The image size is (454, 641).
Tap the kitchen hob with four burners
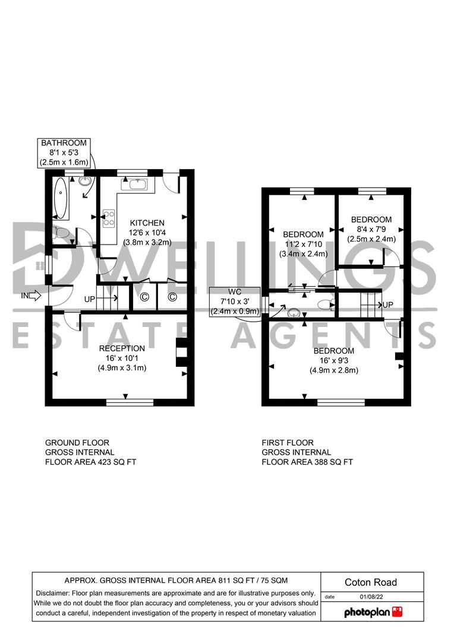pyautogui.click(x=110, y=218)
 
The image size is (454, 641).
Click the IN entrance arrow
pyautogui.click(x=31, y=295)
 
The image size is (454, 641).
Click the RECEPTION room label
pyautogui.click(x=122, y=348)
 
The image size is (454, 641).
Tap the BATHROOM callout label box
pyautogui.click(x=64, y=153)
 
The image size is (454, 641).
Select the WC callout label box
pyautogui.click(x=234, y=302)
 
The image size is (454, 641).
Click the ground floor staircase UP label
pyautogui.click(x=90, y=299)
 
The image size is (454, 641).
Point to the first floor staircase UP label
pyautogui.click(x=388, y=304)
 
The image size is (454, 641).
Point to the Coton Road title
pyautogui.click(x=371, y=582)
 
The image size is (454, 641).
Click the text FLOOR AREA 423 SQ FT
pyautogui.click(x=91, y=462)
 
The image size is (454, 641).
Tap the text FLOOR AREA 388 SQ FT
pyautogui.click(x=307, y=462)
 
